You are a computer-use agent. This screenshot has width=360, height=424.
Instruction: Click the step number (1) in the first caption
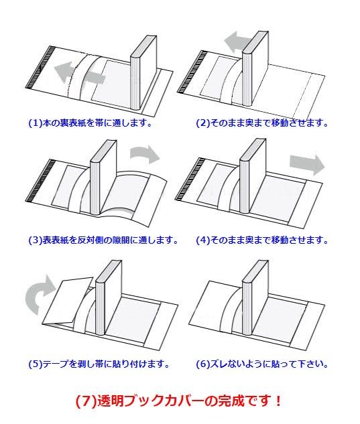(x=36, y=123)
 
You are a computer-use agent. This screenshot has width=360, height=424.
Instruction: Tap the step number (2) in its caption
(x=203, y=123)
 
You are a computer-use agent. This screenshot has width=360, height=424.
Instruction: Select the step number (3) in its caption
(x=36, y=240)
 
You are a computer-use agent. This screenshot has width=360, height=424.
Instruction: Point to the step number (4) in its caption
(x=203, y=240)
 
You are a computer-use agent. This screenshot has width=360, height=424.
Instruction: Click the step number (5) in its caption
(x=36, y=364)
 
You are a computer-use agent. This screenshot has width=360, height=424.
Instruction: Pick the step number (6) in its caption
(x=203, y=364)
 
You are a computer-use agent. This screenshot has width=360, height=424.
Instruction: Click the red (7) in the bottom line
(x=86, y=401)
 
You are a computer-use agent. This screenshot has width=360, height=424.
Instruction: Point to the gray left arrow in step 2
(x=238, y=42)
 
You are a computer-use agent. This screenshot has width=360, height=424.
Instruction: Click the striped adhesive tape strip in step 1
(x=40, y=68)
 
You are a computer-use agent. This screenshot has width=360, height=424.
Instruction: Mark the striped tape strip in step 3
(x=40, y=181)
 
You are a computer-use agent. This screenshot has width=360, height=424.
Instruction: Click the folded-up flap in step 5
(x=68, y=301)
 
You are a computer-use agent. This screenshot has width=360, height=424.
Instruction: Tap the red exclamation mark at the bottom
(x=278, y=401)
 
